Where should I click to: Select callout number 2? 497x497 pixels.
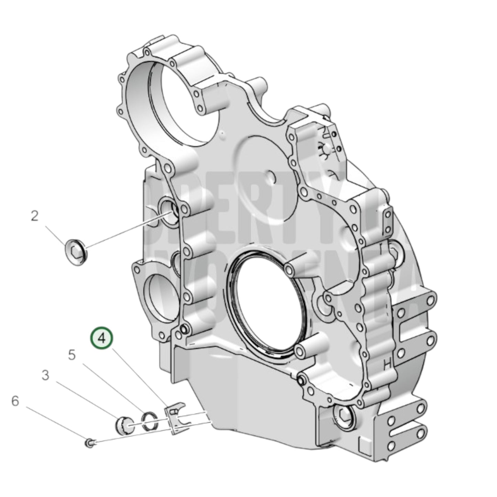click(35, 216)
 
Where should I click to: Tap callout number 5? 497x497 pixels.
click(72, 355)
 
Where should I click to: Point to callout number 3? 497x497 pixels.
click(45, 376)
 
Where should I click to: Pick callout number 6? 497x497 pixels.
click(15, 401)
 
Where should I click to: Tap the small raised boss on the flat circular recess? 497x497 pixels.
click(272, 176)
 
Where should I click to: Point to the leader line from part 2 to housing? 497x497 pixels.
click(127, 230)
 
